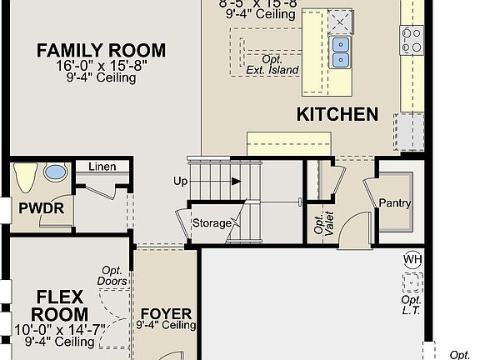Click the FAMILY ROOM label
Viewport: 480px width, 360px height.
pyautogui.click(x=101, y=51)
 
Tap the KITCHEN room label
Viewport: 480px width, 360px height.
pyautogui.click(x=337, y=114)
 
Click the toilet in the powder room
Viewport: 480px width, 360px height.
pyautogui.click(x=25, y=177)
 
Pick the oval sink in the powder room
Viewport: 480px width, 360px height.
pyautogui.click(x=56, y=173)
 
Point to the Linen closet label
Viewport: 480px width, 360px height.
pyautogui.click(x=102, y=167)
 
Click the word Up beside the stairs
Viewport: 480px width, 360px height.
pyautogui.click(x=180, y=181)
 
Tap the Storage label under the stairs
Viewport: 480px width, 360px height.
pyautogui.click(x=212, y=223)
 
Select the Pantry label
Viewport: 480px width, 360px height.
pyautogui.click(x=395, y=202)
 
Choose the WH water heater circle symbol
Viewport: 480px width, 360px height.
pyautogui.click(x=412, y=259)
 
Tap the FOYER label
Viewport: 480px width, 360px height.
pyautogui.click(x=165, y=314)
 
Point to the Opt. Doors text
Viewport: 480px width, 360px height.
pyautogui.click(x=113, y=276)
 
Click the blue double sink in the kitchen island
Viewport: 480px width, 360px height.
pyautogui.click(x=340, y=51)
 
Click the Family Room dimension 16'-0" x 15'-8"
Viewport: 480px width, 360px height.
pyautogui.click(x=101, y=67)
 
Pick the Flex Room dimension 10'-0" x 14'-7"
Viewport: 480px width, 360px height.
pyautogui.click(x=59, y=330)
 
